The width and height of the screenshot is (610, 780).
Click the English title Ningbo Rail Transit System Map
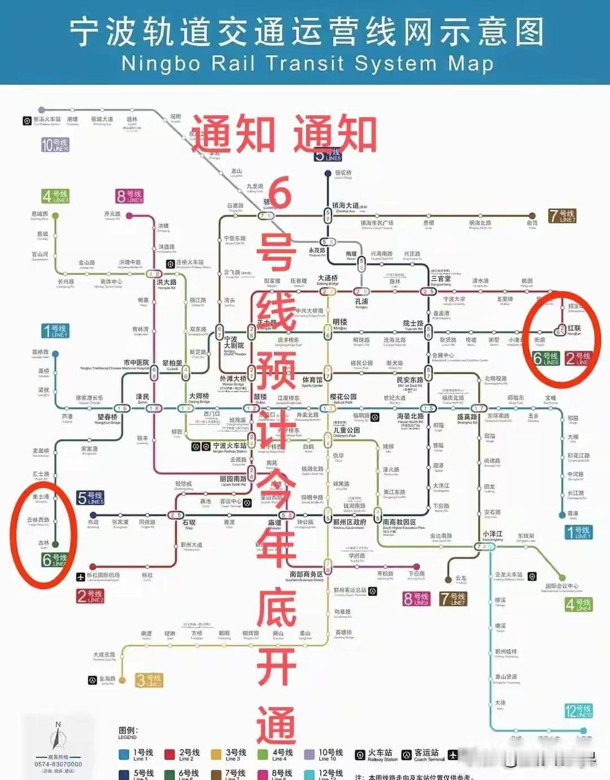click(x=307, y=63)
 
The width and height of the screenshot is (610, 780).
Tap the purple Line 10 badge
click(x=55, y=145)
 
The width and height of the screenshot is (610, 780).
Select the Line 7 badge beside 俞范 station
click(x=562, y=215)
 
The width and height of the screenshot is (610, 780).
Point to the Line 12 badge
click(x=578, y=710)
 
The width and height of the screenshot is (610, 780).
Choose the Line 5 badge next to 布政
click(x=90, y=498)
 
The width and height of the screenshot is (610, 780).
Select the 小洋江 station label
click(x=493, y=534)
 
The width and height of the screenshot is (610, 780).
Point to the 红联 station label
click(x=574, y=328)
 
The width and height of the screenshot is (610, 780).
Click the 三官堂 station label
click(x=441, y=279)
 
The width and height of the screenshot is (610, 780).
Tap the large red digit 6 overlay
click(x=280, y=192)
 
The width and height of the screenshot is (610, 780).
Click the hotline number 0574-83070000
click(x=58, y=764)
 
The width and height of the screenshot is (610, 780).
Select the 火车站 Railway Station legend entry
click(x=376, y=755)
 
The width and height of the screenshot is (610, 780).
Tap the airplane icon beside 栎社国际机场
click(x=81, y=577)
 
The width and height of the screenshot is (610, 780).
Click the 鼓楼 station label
click(x=260, y=397)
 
